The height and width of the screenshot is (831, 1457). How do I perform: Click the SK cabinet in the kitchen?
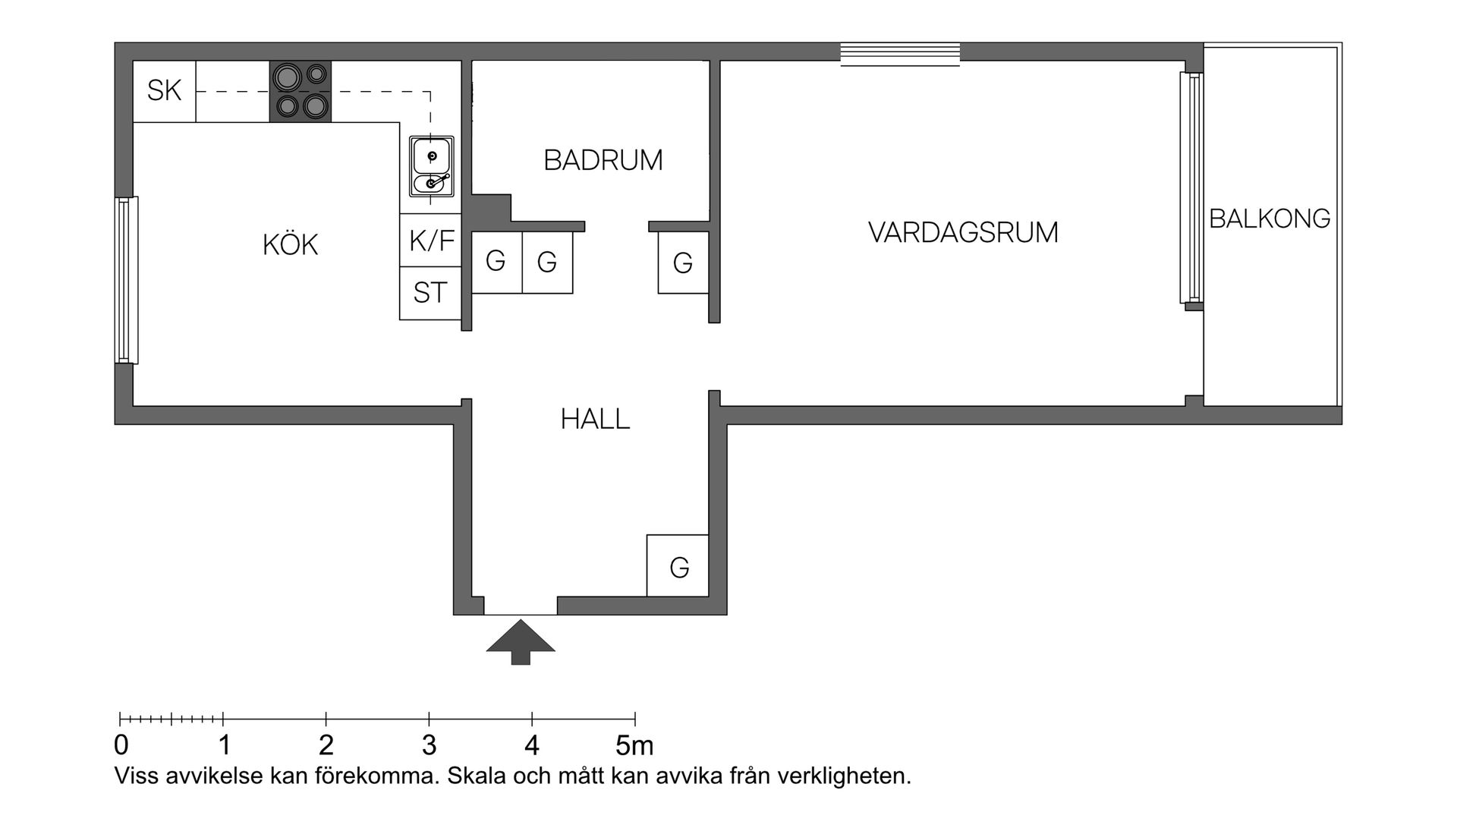(x=164, y=91)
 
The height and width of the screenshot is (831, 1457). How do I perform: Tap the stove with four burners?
(x=301, y=91)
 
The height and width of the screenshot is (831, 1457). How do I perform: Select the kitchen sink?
(x=431, y=166)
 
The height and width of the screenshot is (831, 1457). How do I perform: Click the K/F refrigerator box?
(x=431, y=241)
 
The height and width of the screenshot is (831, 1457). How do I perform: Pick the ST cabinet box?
(x=430, y=293)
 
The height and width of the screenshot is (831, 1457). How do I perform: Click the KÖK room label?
(x=290, y=245)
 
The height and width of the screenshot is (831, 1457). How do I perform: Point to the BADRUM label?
(x=603, y=160)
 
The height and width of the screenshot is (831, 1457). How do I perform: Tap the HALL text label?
(x=595, y=419)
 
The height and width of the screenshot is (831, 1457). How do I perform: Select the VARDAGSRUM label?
(x=963, y=232)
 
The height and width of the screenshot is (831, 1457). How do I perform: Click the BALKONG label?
(x=1270, y=219)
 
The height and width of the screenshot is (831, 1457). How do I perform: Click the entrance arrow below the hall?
(x=521, y=641)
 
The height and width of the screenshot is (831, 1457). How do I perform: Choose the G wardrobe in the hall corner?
(x=678, y=567)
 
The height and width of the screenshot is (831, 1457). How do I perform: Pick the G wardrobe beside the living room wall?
(x=683, y=263)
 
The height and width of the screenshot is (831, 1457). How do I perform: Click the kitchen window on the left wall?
(x=127, y=280)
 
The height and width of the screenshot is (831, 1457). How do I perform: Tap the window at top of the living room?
(x=900, y=55)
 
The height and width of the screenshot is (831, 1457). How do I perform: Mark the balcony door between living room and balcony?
(x=1191, y=187)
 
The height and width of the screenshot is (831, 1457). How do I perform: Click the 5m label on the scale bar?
(x=634, y=746)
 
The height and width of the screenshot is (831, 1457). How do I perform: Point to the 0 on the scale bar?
(x=121, y=746)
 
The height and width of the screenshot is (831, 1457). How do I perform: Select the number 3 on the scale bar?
(x=429, y=746)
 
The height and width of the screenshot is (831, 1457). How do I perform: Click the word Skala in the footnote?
(x=477, y=776)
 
